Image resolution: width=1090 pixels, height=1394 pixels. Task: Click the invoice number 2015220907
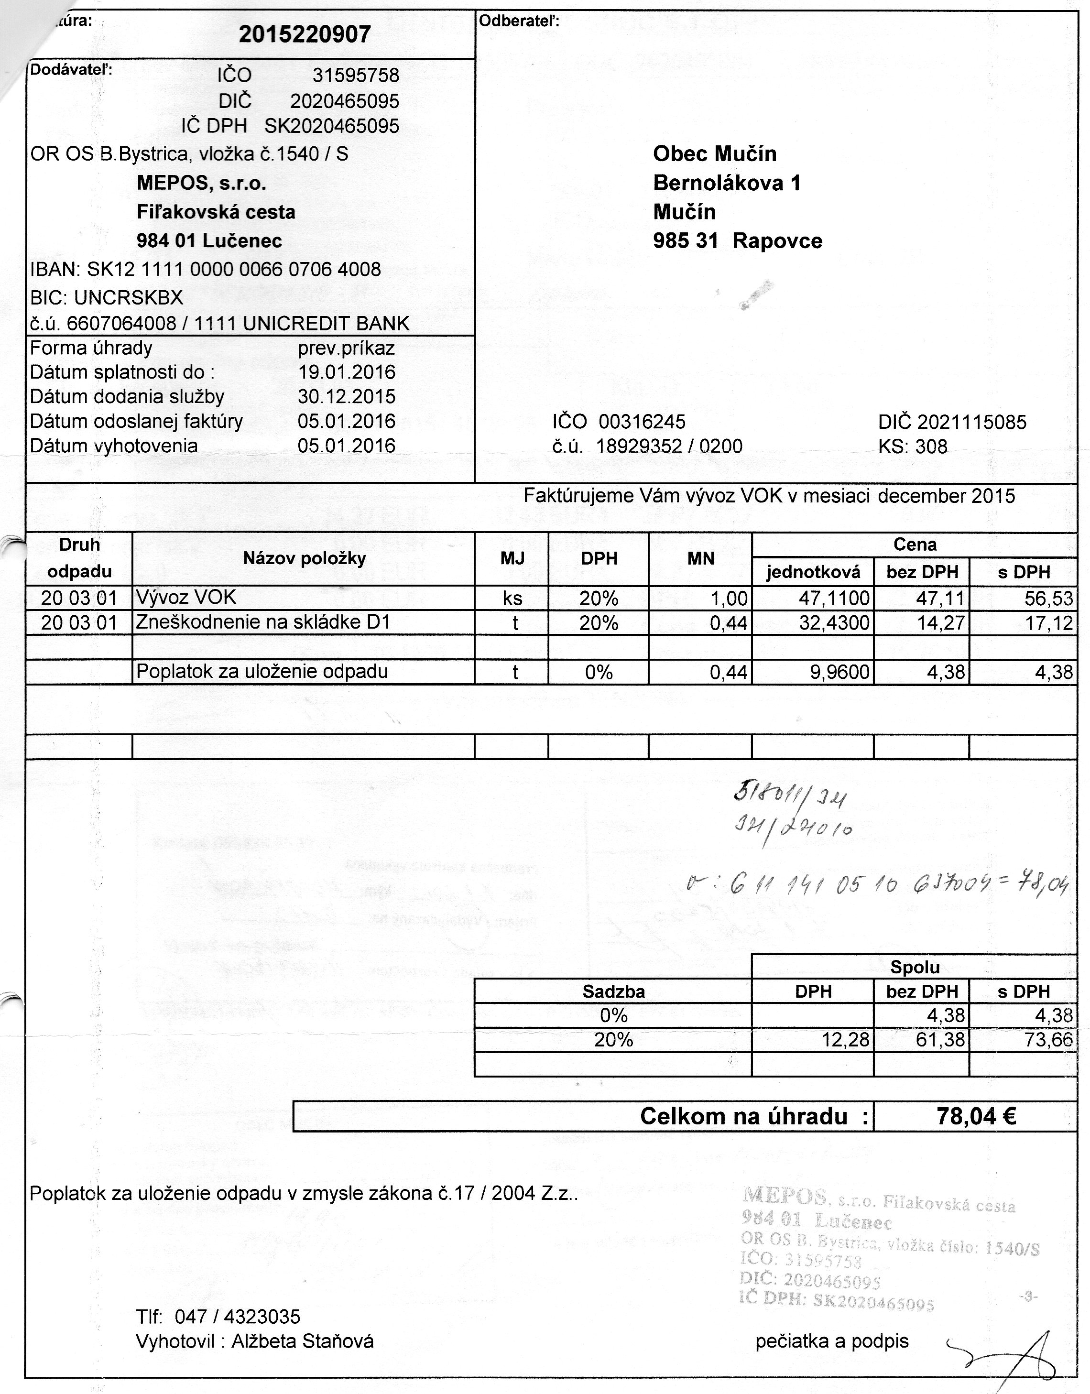pyautogui.click(x=305, y=34)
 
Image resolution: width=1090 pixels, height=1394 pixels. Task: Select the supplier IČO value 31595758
pyautogui.click(x=356, y=76)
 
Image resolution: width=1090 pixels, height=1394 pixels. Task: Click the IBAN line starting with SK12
pyautogui.click(x=206, y=269)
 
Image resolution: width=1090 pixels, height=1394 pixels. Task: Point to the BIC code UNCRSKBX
pyautogui.click(x=107, y=297)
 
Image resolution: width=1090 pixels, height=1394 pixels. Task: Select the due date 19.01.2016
pyautogui.click(x=347, y=372)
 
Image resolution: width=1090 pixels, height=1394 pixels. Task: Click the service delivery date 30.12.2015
pyautogui.click(x=347, y=396)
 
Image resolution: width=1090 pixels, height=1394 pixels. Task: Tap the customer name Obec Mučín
pyautogui.click(x=714, y=154)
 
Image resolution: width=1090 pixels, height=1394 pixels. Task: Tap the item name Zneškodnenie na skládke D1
pyautogui.click(x=263, y=622)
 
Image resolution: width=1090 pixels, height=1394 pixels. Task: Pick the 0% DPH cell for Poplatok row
pyautogui.click(x=598, y=672)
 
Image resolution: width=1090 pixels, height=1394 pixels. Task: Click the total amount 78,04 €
pyautogui.click(x=976, y=1116)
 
